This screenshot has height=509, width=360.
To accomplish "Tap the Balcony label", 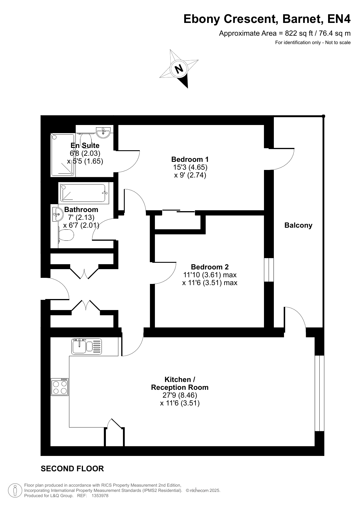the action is (298, 225).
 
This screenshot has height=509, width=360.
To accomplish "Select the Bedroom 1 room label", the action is (190, 159).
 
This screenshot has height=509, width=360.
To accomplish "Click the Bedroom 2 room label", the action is (210, 267).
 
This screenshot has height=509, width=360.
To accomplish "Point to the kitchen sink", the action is (87, 346).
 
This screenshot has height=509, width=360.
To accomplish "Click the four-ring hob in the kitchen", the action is (59, 387).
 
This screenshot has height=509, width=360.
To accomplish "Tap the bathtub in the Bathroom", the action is (84, 193).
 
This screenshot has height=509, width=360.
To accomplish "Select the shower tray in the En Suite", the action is (63, 155).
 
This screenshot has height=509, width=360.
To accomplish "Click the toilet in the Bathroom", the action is (65, 235).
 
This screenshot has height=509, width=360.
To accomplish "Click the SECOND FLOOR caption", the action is (72, 468).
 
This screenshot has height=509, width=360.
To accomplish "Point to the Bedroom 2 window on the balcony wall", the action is (269, 270).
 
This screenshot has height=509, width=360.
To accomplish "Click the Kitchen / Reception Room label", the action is (180, 383).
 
